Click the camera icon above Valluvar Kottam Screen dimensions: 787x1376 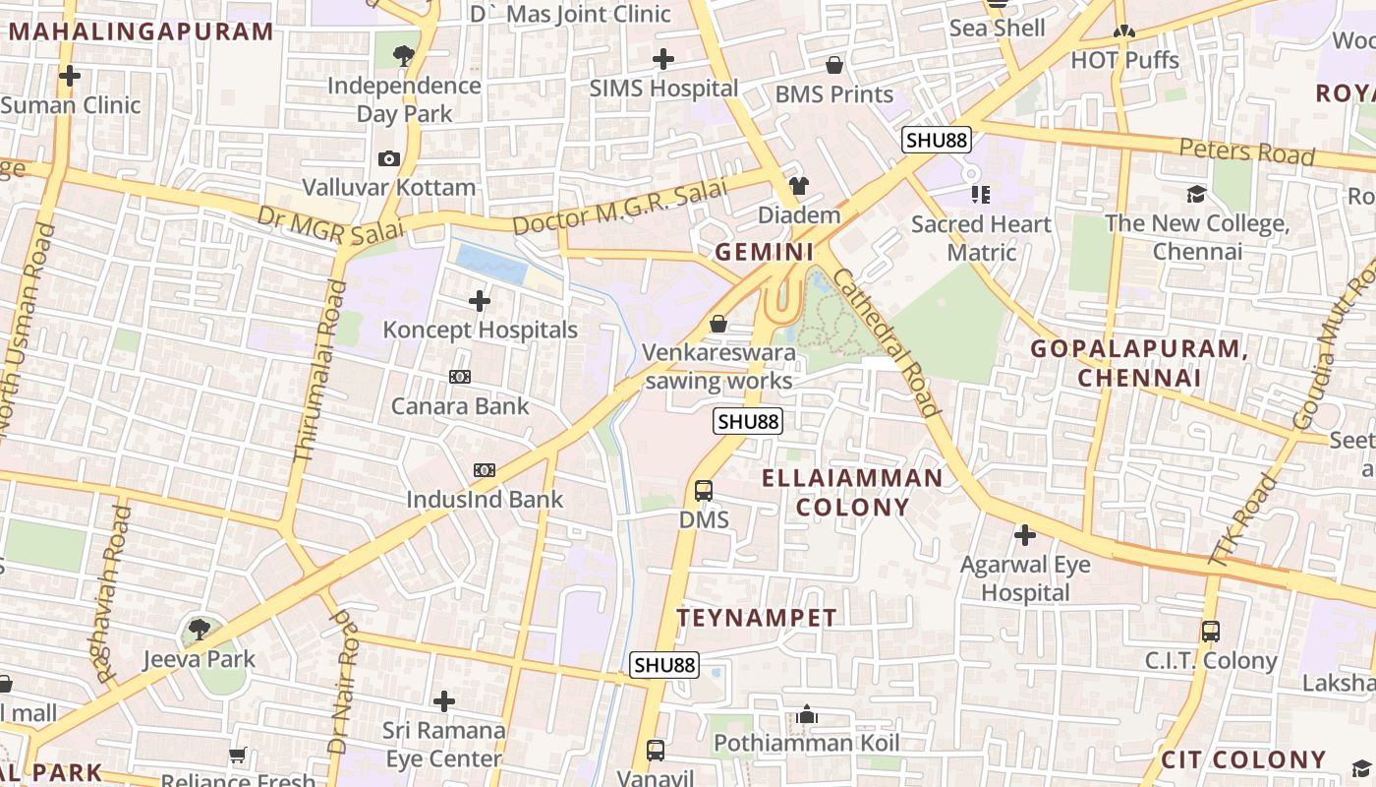pos(389,158)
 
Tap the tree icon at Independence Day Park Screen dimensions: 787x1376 pos(403,55)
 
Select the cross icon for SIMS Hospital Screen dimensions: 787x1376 pos(663,59)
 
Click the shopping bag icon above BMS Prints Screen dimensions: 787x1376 pos(834,65)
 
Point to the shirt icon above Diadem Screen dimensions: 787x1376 pos(798,186)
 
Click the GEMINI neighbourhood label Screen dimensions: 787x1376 pos(765,253)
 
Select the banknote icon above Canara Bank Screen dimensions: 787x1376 pos(460,377)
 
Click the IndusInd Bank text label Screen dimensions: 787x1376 pos(485,500)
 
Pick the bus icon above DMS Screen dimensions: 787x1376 pos(704,490)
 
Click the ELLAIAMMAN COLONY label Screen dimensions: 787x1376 pos(853,493)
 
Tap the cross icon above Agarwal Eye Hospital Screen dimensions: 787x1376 pos(1025,535)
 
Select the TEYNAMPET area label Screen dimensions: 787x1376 pos(757,618)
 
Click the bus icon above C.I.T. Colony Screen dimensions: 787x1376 pos(1211,632)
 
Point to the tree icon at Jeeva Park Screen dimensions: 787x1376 pos(200,630)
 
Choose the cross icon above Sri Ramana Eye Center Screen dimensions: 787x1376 pos(444,701)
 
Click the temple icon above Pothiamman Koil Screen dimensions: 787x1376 pos(807,714)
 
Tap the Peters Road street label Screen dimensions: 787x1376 pos(1246,151)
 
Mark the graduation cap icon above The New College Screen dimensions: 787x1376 pos(1196,194)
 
